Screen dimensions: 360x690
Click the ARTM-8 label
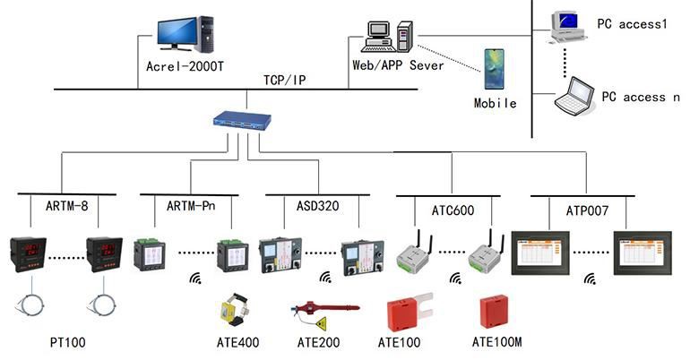67,207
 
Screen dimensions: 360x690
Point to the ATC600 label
451,210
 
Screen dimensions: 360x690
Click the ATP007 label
589,210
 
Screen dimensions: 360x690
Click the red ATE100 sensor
406,313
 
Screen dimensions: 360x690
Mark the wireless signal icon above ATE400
194,279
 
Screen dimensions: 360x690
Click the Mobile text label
495,103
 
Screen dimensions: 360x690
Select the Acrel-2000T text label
185,66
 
